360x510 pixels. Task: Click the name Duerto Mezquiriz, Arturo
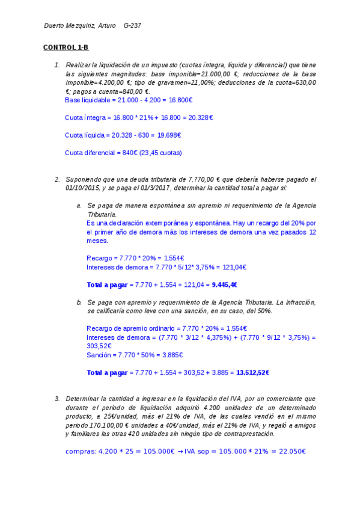[81, 26]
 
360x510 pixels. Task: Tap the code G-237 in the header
[132, 26]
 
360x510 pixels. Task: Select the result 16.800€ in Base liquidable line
[179, 100]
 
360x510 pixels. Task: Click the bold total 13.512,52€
[253, 372]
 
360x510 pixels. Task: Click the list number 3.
[57, 398]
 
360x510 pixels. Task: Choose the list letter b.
[79, 302]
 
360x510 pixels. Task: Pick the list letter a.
[79, 205]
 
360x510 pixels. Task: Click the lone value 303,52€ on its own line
[99, 346]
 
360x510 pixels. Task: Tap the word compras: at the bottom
[81, 452]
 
